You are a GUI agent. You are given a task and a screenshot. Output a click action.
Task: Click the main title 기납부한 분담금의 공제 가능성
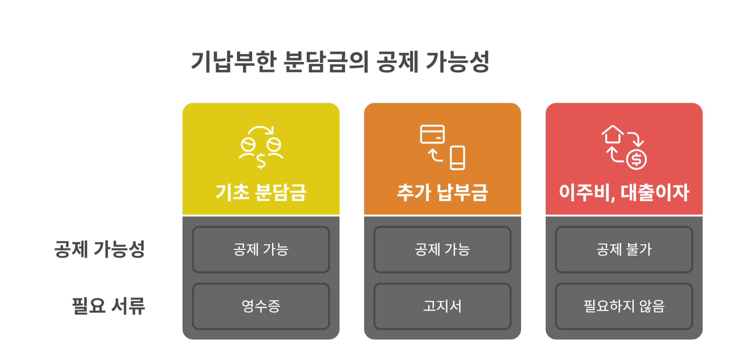tap(340, 61)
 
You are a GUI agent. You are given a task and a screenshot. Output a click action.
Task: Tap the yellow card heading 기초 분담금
tap(261, 192)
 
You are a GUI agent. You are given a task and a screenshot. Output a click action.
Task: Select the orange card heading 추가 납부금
tap(442, 192)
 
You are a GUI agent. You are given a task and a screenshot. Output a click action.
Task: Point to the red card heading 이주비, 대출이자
tap(624, 192)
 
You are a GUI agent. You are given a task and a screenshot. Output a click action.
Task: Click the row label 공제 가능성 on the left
tap(100, 249)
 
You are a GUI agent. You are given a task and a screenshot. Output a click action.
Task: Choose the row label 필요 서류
tap(109, 306)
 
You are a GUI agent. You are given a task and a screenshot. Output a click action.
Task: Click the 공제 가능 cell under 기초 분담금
tap(261, 249)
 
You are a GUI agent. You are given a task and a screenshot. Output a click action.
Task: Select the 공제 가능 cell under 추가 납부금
tap(442, 249)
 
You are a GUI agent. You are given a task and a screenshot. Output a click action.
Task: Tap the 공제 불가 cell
tap(624, 249)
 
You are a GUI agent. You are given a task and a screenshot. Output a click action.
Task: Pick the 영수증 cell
tap(261, 306)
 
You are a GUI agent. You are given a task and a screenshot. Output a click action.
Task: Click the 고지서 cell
tap(442, 306)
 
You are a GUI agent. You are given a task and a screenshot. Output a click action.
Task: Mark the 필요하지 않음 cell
tap(624, 306)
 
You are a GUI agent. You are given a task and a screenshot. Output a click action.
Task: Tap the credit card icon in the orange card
tap(433, 134)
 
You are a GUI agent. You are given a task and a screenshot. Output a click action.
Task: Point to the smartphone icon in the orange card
tap(457, 158)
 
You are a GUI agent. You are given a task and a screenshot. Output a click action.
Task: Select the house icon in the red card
tap(613, 134)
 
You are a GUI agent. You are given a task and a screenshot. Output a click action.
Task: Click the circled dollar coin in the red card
tap(636, 160)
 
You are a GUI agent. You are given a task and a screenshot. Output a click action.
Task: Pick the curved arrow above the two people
tap(261, 130)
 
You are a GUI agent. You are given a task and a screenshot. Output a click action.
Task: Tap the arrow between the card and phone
tap(435, 155)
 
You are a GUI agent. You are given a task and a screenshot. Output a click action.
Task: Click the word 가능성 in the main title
tap(457, 61)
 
